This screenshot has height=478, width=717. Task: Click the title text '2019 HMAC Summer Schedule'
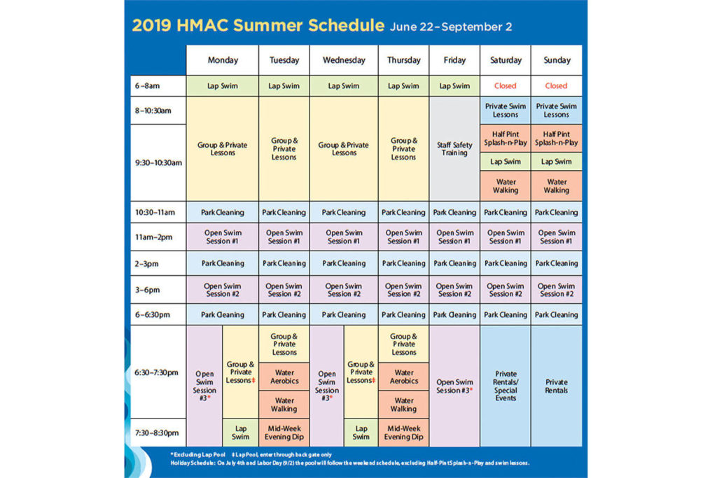pos(258,27)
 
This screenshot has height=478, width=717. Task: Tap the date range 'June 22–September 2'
pos(451,27)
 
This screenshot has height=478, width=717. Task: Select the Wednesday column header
pos(344,60)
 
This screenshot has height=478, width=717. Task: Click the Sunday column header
pos(557,60)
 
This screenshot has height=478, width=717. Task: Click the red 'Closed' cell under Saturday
pos(505,86)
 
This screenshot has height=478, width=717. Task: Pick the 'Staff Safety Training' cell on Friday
pos(454,148)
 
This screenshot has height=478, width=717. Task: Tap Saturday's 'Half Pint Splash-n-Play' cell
pos(505,139)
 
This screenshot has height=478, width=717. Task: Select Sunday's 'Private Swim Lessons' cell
pos(557,111)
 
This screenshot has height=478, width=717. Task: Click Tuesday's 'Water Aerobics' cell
pos(284,377)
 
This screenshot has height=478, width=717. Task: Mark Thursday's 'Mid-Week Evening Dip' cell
pos(404,433)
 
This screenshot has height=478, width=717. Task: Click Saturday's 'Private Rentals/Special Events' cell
pos(505,386)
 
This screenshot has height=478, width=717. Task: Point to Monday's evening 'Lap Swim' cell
pos(240,433)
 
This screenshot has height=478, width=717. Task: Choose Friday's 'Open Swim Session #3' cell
pos(454,386)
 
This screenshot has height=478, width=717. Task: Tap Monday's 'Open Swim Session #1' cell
pos(222,237)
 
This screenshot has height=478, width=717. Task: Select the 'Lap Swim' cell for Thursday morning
pos(404,86)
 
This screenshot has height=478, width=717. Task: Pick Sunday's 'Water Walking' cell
pos(557,185)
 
